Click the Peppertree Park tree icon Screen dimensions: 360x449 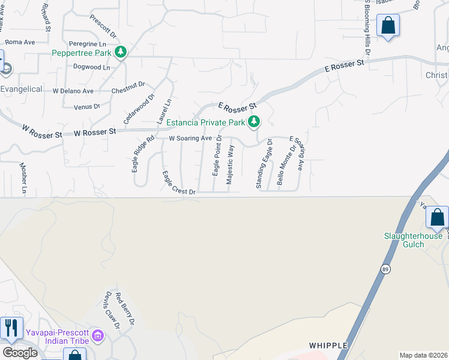pyautogui.click(x=121, y=52)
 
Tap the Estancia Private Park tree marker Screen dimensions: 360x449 pyautogui.click(x=255, y=122)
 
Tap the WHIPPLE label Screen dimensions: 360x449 pyautogui.click(x=329, y=346)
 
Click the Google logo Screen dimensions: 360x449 pyautogui.click(x=20, y=353)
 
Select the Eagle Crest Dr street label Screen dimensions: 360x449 pyautogui.click(x=179, y=183)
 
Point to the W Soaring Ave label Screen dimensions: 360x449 pyautogui.click(x=190, y=139)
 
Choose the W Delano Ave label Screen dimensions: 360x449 pyautogui.click(x=73, y=91)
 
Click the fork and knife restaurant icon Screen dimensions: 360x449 pyautogui.click(x=11, y=328)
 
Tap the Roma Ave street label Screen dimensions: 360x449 pyautogui.click(x=20, y=43)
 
